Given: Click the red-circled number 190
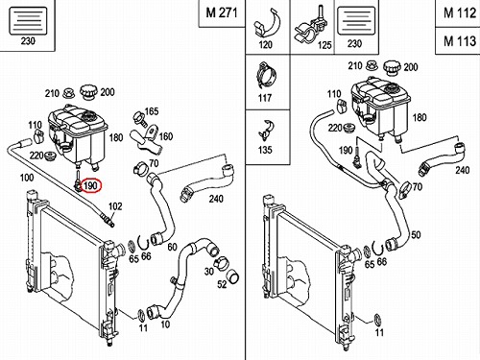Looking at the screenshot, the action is [x=90, y=186].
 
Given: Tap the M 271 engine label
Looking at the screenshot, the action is [x=222, y=12].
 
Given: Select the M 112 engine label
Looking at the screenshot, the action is [x=460, y=13].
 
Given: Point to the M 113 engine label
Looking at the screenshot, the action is [x=460, y=41].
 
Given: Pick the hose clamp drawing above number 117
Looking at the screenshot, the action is [x=266, y=77].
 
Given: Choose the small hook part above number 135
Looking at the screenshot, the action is [x=266, y=131].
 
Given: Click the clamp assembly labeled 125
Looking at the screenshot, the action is [x=310, y=26].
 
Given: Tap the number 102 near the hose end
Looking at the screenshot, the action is [x=115, y=206].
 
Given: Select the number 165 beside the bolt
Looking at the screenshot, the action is [x=152, y=111].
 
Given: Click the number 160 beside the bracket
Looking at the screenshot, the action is [x=165, y=136].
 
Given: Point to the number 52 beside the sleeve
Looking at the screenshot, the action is [x=222, y=284].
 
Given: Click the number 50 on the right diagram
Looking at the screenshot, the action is [x=416, y=235].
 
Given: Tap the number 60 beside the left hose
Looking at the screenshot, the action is [x=172, y=247].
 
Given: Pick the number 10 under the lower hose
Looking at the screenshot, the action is [x=165, y=324].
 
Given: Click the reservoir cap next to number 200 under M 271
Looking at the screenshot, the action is [x=87, y=91].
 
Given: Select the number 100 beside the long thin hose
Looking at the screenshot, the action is [x=27, y=177].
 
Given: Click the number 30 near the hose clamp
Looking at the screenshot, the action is [x=208, y=272].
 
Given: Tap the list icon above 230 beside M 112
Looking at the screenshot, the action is [x=356, y=21].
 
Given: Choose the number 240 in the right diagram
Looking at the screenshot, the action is [x=463, y=170].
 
